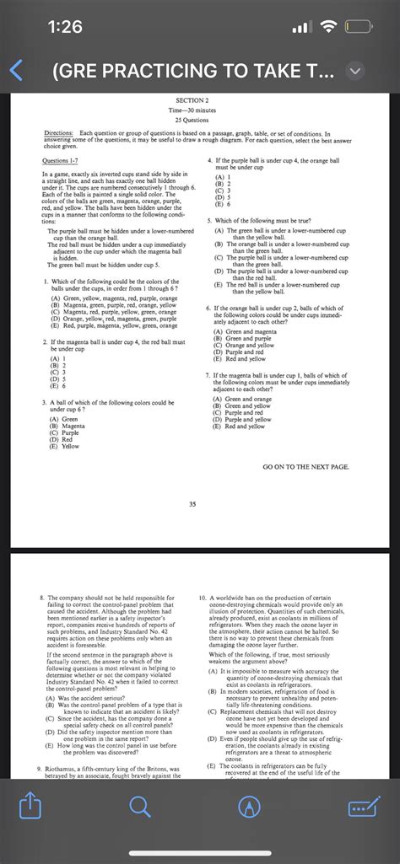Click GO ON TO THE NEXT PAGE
pos(305,466)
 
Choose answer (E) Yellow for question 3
pos(65,447)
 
